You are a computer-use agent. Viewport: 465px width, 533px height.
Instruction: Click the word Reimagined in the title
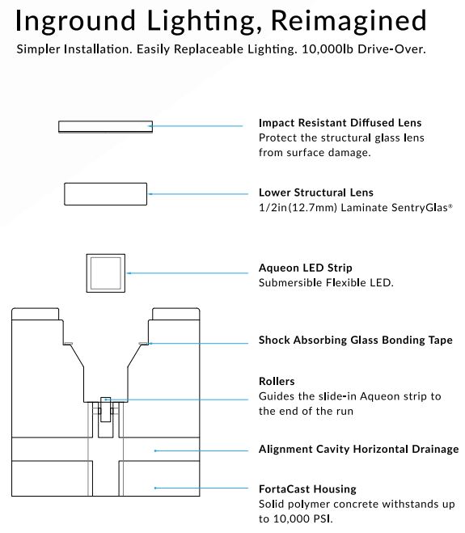coord(349,21)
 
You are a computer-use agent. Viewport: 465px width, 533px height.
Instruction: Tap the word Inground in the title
coord(75,21)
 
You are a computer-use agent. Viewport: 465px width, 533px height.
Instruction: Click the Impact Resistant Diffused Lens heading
coord(340,122)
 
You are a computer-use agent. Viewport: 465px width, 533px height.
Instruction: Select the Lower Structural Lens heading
coord(315,192)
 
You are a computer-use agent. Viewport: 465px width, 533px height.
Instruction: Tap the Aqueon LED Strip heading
coord(305,268)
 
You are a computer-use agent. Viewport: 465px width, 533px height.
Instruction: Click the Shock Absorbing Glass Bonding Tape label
coord(356,340)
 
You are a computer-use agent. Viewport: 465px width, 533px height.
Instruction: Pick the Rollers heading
coord(277,381)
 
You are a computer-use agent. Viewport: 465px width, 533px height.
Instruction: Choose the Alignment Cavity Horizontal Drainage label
coord(358,450)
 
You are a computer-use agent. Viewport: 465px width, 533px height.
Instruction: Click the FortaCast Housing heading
coord(307,489)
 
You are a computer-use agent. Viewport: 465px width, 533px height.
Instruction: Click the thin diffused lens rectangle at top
coord(105,126)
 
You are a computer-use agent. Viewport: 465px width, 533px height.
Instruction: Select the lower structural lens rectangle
coord(105,194)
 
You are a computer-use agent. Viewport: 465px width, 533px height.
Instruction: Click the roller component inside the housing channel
coord(105,409)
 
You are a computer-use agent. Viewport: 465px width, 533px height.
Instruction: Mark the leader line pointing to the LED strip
coord(188,273)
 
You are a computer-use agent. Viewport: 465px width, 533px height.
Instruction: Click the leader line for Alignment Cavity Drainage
coord(201,451)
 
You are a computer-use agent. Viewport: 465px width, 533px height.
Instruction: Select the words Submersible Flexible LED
coord(326,283)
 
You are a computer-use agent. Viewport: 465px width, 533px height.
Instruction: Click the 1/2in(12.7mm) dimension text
coord(298,207)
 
